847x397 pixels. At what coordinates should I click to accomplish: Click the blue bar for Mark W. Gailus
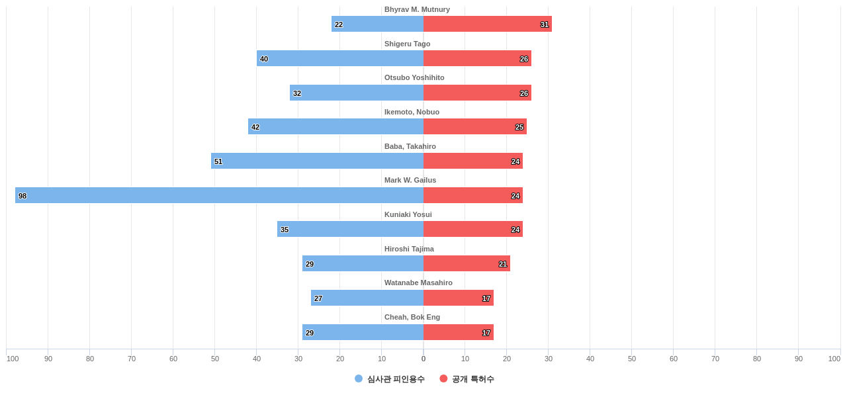219,195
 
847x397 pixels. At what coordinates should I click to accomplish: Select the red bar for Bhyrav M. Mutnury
487,24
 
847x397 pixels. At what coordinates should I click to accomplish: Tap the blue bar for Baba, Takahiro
317,161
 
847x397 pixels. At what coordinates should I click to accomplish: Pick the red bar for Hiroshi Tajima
467,263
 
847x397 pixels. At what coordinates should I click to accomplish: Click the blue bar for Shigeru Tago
340,58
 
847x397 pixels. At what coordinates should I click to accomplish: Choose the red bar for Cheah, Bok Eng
459,332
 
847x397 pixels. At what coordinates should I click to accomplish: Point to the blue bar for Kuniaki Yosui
350,229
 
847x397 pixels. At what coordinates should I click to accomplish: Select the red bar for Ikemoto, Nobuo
475,126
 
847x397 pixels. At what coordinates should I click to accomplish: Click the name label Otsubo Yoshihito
414,77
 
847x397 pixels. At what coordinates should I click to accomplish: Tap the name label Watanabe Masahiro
418,283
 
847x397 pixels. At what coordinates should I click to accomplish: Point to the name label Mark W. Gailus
410,180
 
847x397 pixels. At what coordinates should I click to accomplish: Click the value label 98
22,196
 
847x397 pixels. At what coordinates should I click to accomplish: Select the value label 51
218,161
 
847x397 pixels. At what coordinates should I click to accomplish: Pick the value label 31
545,24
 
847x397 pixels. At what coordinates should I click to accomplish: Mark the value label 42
255,127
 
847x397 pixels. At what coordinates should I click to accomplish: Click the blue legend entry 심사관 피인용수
390,379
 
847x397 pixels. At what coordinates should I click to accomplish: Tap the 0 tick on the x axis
423,359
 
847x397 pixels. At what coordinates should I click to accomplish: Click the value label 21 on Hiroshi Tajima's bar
503,264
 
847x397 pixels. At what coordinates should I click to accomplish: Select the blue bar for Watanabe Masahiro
367,298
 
